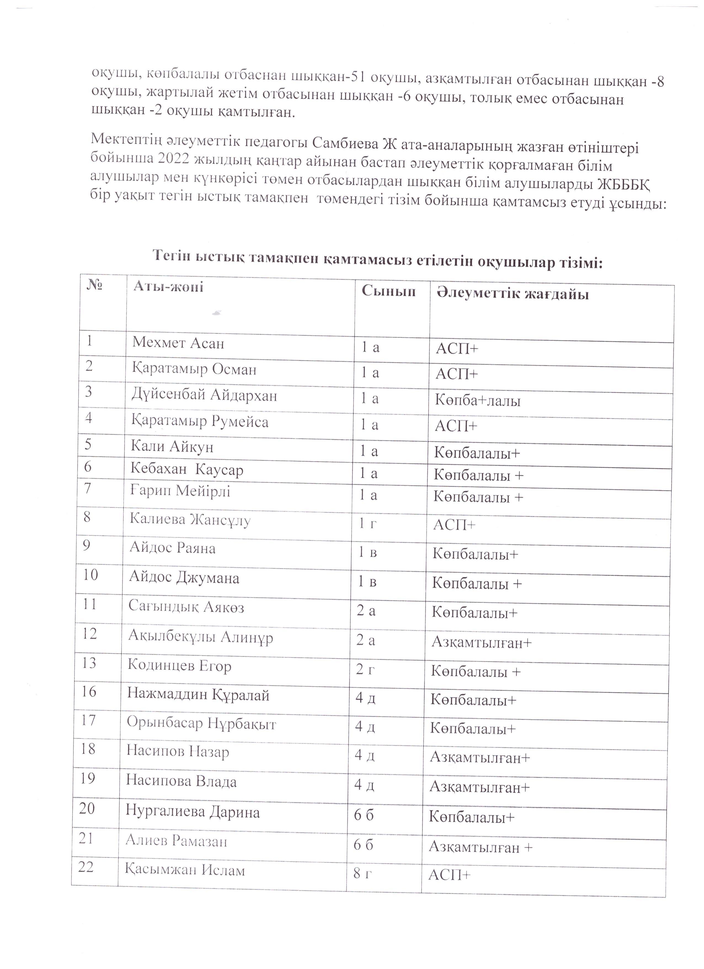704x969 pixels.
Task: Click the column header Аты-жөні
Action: point(168,286)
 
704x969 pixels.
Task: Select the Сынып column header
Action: point(388,291)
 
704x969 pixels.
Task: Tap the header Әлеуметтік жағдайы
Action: point(512,294)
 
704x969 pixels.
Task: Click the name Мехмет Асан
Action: point(178,343)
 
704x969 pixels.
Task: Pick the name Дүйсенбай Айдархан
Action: point(204,395)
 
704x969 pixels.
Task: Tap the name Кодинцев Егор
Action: point(179,666)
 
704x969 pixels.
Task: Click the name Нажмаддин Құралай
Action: point(198,695)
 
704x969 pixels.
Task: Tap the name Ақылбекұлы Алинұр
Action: point(201,637)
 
